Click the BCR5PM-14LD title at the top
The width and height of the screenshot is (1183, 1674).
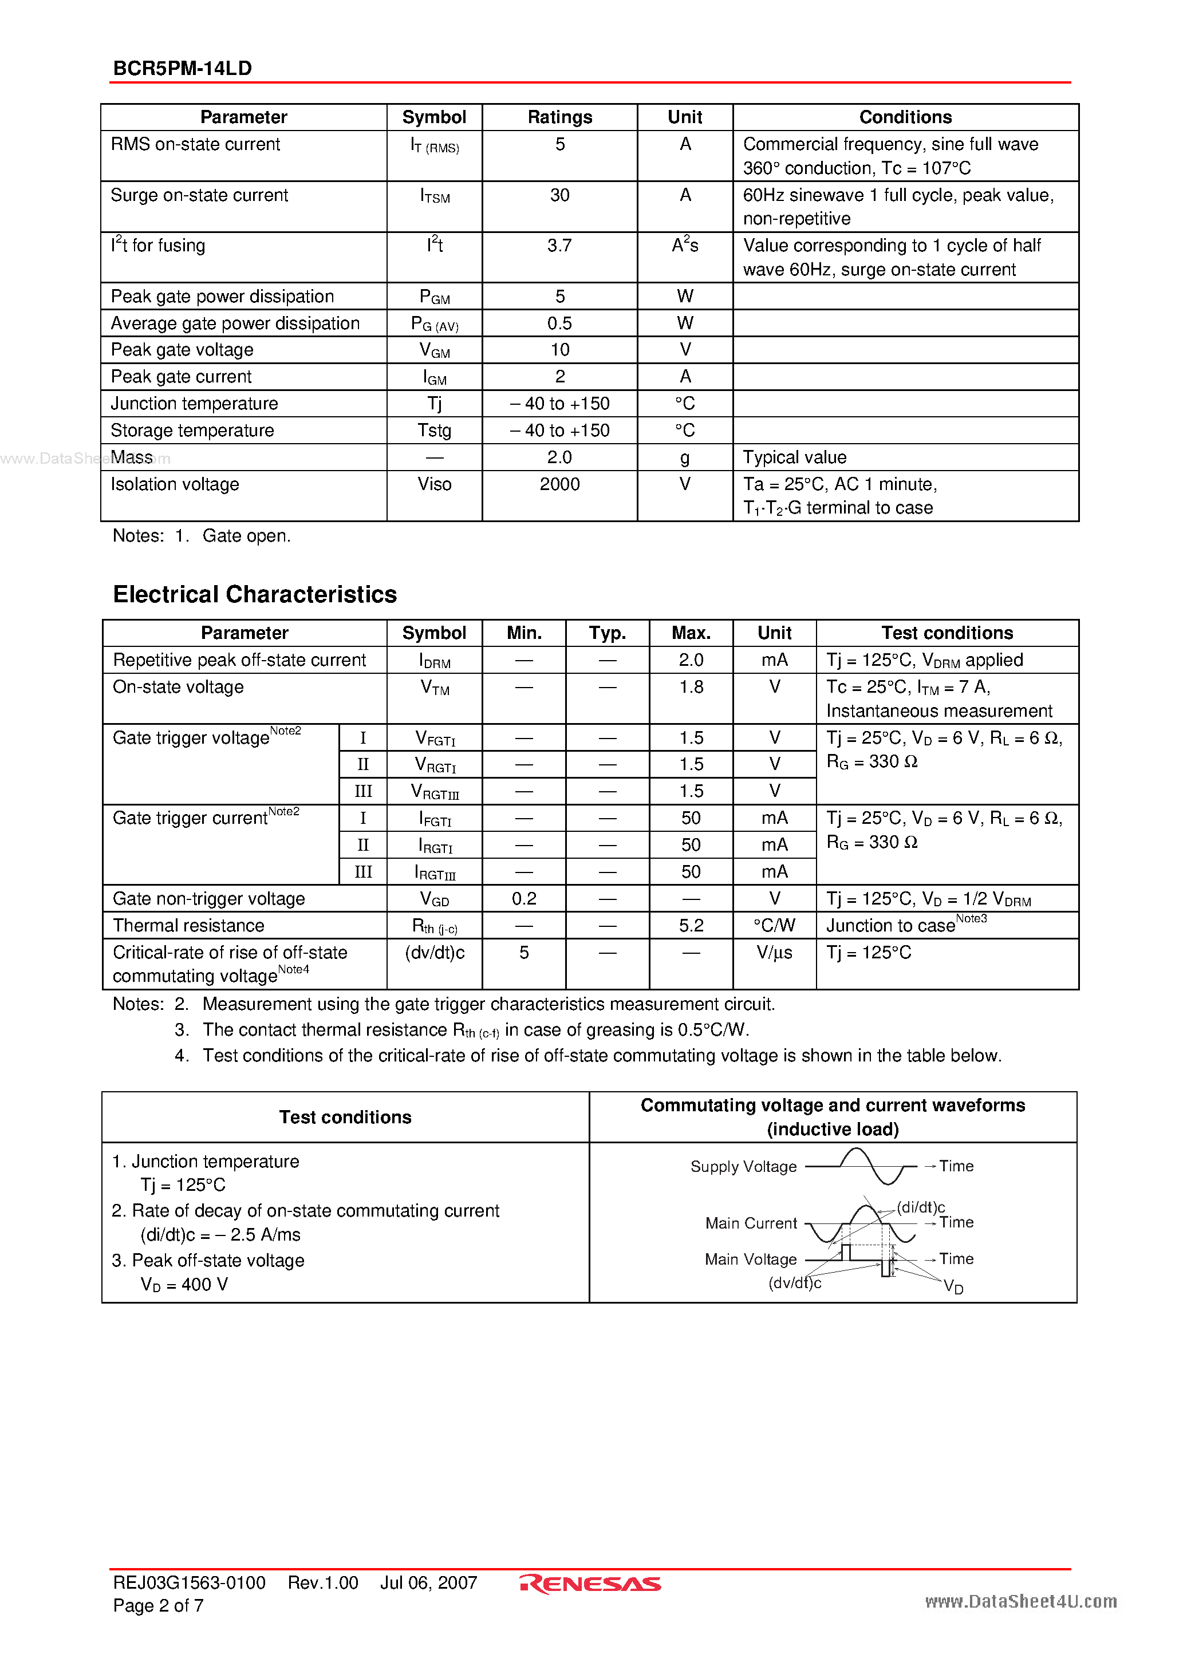tap(182, 69)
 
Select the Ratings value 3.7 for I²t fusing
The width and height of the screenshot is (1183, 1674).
tap(559, 246)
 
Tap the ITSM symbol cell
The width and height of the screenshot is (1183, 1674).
tap(435, 196)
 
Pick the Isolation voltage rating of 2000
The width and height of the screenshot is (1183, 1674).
tap(559, 484)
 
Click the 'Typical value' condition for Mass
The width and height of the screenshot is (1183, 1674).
tap(794, 458)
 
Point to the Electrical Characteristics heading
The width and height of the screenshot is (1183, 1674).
tap(255, 594)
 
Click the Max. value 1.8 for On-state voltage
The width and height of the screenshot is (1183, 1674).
tap(691, 688)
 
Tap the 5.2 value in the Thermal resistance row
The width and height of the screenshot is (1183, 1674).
tap(691, 926)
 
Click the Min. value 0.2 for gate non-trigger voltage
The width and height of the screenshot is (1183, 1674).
tap(524, 899)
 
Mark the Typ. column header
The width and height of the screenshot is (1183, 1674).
tap(608, 633)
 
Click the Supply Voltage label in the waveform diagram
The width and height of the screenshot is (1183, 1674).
tap(743, 1167)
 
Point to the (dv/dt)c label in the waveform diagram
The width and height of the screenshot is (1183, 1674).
tap(794, 1283)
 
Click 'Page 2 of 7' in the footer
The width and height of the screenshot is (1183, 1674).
tap(158, 1605)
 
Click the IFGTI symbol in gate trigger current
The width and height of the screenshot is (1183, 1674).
tap(435, 819)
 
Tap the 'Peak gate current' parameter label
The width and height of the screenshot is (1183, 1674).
tap(181, 377)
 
